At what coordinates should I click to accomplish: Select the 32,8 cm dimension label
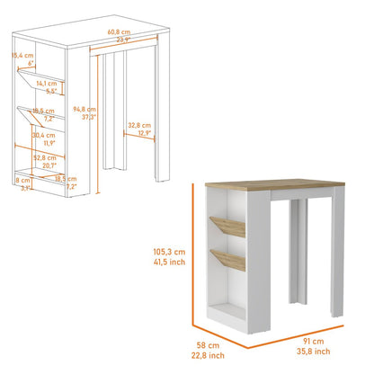138,125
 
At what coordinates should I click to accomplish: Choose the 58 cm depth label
208,345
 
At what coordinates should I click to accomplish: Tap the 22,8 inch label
208,356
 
